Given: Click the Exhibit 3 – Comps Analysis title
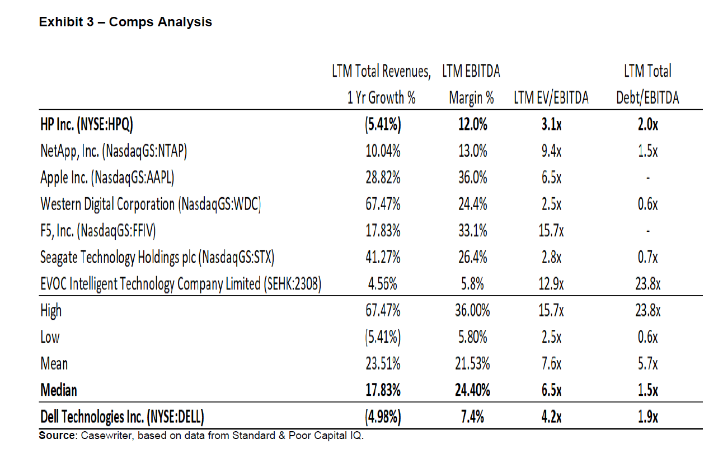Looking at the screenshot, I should coord(125,22).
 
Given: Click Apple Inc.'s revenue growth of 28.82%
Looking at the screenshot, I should coord(383,178).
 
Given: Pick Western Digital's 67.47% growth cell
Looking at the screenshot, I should coord(383,204).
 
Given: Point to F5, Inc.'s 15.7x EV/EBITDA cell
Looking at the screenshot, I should coord(551,231).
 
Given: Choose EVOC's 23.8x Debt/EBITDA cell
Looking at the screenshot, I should coord(648,284).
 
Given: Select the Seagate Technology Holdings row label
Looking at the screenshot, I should coord(157,258).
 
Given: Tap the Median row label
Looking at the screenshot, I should coord(59,390).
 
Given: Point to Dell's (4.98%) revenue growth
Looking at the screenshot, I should coord(383,417).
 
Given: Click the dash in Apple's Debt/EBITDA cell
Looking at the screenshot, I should coord(648,179).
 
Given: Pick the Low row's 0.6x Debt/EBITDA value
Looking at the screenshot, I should coord(648,337).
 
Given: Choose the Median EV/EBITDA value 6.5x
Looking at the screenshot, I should coord(551,390).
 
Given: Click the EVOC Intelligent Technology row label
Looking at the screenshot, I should coord(180,284).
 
